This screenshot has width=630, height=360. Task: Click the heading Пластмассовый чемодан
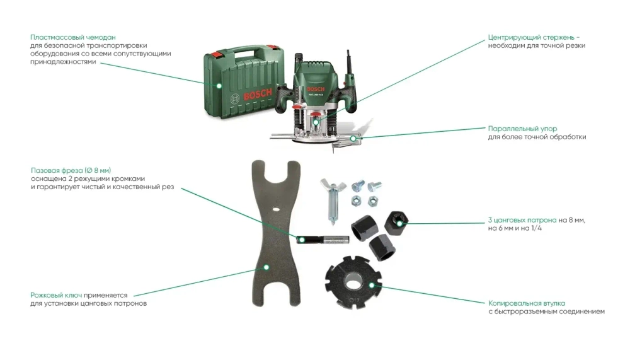(72, 38)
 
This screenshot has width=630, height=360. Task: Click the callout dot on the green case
(219, 84)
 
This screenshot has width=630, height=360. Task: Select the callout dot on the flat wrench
(266, 267)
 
